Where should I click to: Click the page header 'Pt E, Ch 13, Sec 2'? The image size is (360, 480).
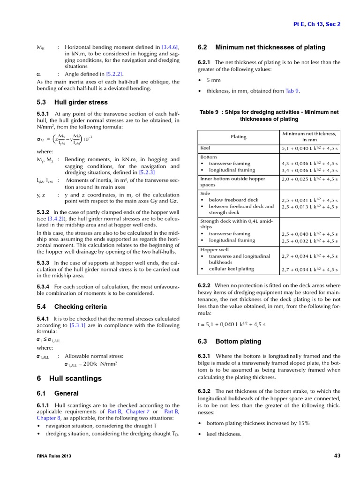click(x=317, y=24)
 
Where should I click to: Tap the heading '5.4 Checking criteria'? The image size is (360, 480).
click(x=72, y=307)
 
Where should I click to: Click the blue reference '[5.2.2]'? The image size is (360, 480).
click(x=114, y=74)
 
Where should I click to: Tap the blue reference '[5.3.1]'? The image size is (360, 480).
click(x=77, y=325)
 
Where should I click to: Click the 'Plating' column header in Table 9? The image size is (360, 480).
click(x=239, y=136)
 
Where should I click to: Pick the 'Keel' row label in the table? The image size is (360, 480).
click(x=205, y=148)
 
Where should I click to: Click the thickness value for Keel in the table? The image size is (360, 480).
click(x=309, y=149)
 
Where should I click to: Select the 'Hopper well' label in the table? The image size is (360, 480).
click(x=214, y=250)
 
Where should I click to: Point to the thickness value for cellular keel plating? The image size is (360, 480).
click(x=309, y=270)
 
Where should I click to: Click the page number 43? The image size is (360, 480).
click(x=337, y=455)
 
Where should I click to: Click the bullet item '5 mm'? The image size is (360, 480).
click(x=213, y=80)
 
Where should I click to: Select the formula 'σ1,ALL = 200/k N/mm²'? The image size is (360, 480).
click(x=90, y=364)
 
